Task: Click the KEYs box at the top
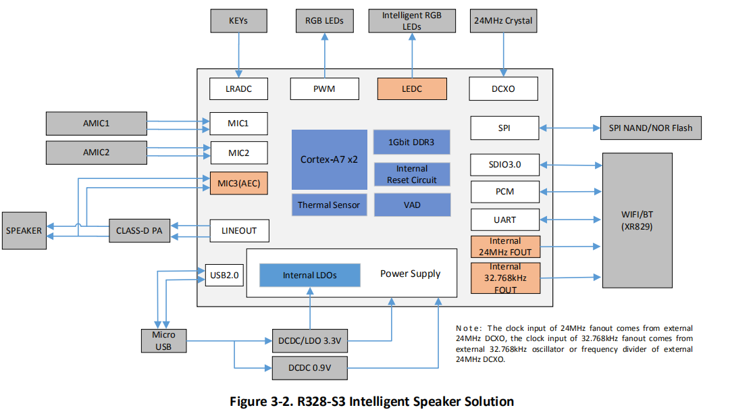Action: (238, 20)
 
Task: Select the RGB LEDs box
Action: (324, 20)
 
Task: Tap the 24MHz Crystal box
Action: (503, 20)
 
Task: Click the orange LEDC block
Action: (411, 88)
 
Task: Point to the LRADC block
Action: (238, 88)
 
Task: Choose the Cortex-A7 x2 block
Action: (329, 159)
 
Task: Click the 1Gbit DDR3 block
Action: (411, 142)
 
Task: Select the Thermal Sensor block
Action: (329, 205)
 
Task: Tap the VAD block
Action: (411, 205)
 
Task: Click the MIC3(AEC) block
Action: (238, 184)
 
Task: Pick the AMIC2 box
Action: (96, 152)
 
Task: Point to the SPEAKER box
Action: (24, 230)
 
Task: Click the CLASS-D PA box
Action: (140, 230)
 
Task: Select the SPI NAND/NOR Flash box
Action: (650, 128)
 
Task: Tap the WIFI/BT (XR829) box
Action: (637, 220)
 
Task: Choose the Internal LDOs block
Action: (309, 275)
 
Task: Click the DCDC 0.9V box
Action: (309, 368)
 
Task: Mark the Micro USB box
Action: (163, 340)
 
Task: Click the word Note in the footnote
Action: (468, 326)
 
